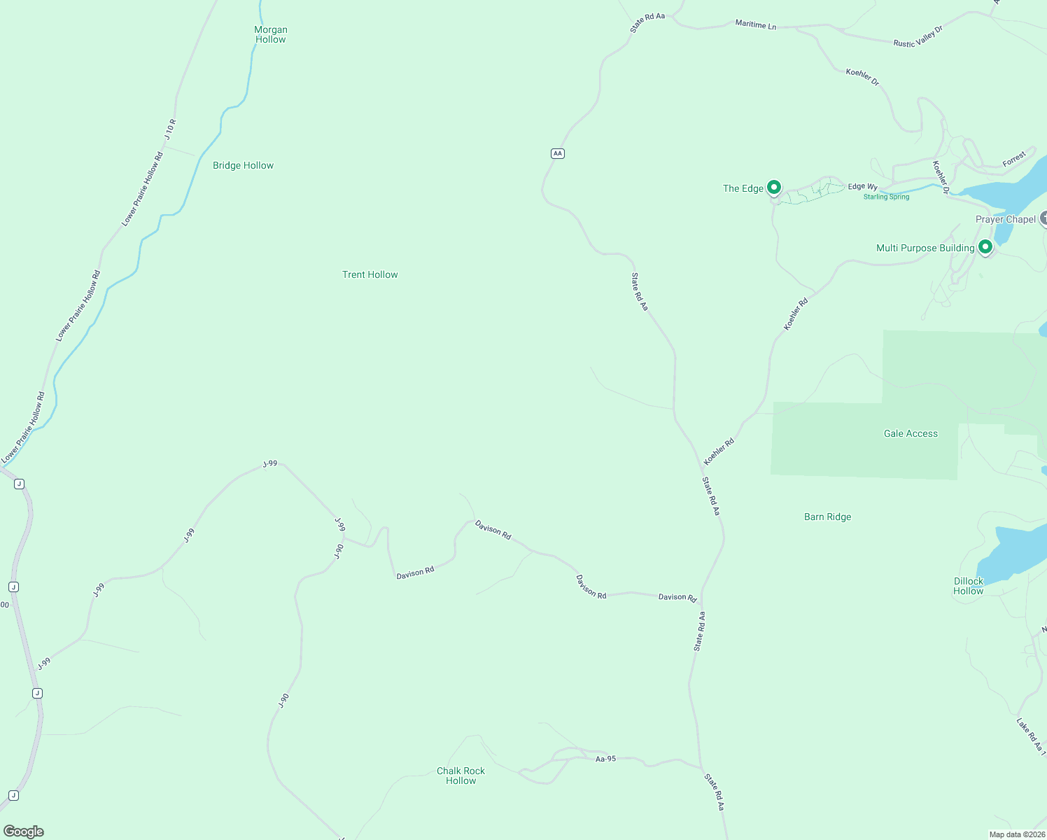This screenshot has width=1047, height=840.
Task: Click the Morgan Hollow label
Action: tap(271, 34)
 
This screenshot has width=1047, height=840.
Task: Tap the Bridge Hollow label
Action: tap(243, 166)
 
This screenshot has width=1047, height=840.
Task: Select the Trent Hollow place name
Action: tap(370, 275)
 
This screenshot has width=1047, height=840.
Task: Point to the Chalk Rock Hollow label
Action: tap(461, 776)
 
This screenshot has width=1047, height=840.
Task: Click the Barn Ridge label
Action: tap(827, 517)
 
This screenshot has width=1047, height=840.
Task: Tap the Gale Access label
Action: tap(911, 434)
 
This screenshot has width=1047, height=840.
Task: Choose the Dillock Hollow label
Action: tap(968, 586)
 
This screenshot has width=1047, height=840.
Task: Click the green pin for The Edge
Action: tap(773, 187)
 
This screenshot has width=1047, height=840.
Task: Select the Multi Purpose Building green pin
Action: tap(985, 246)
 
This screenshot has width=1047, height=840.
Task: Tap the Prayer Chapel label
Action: tap(1005, 220)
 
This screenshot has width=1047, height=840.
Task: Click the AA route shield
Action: tap(557, 153)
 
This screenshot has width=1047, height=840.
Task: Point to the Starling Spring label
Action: tap(886, 197)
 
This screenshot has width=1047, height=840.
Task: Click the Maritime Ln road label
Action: tap(755, 25)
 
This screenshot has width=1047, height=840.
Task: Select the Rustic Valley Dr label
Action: tap(918, 37)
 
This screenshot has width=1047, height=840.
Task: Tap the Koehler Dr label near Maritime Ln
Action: tap(862, 77)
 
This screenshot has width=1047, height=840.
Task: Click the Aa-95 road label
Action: tap(605, 759)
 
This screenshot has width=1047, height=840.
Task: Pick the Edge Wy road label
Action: tap(862, 187)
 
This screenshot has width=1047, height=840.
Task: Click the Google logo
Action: tap(23, 832)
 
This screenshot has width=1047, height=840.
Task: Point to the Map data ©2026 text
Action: tap(1016, 834)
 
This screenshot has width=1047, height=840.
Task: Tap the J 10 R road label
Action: tap(171, 129)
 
